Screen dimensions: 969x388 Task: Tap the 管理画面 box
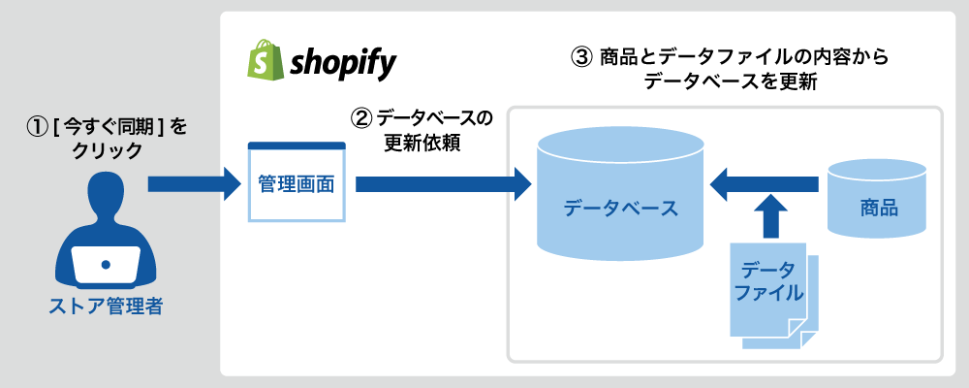coord(297,182)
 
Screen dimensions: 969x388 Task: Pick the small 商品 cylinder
coord(877,199)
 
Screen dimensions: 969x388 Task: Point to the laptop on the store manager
coord(106,264)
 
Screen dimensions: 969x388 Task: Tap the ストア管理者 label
coord(106,307)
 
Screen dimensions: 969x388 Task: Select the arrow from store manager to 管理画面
coord(194,183)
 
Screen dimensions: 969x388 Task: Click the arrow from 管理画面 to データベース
coord(443,183)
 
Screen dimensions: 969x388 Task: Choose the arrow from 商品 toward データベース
coord(764,183)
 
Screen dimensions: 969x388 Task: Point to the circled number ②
coord(360,117)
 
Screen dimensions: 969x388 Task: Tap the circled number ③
coord(579,59)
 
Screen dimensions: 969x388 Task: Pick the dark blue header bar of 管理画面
coord(297,146)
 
